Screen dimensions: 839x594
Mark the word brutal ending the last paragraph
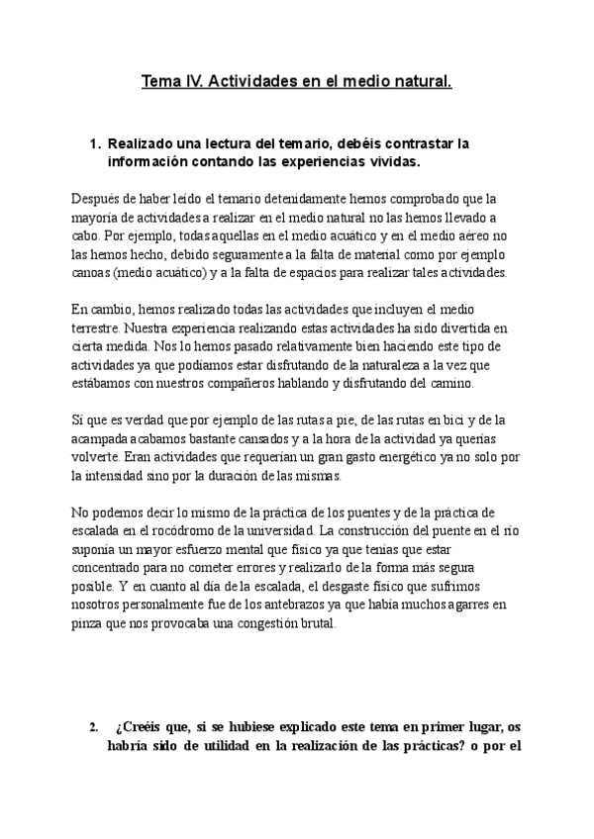coord(316,623)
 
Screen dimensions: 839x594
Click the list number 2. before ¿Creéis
coord(94,728)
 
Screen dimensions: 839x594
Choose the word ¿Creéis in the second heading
coord(140,728)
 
